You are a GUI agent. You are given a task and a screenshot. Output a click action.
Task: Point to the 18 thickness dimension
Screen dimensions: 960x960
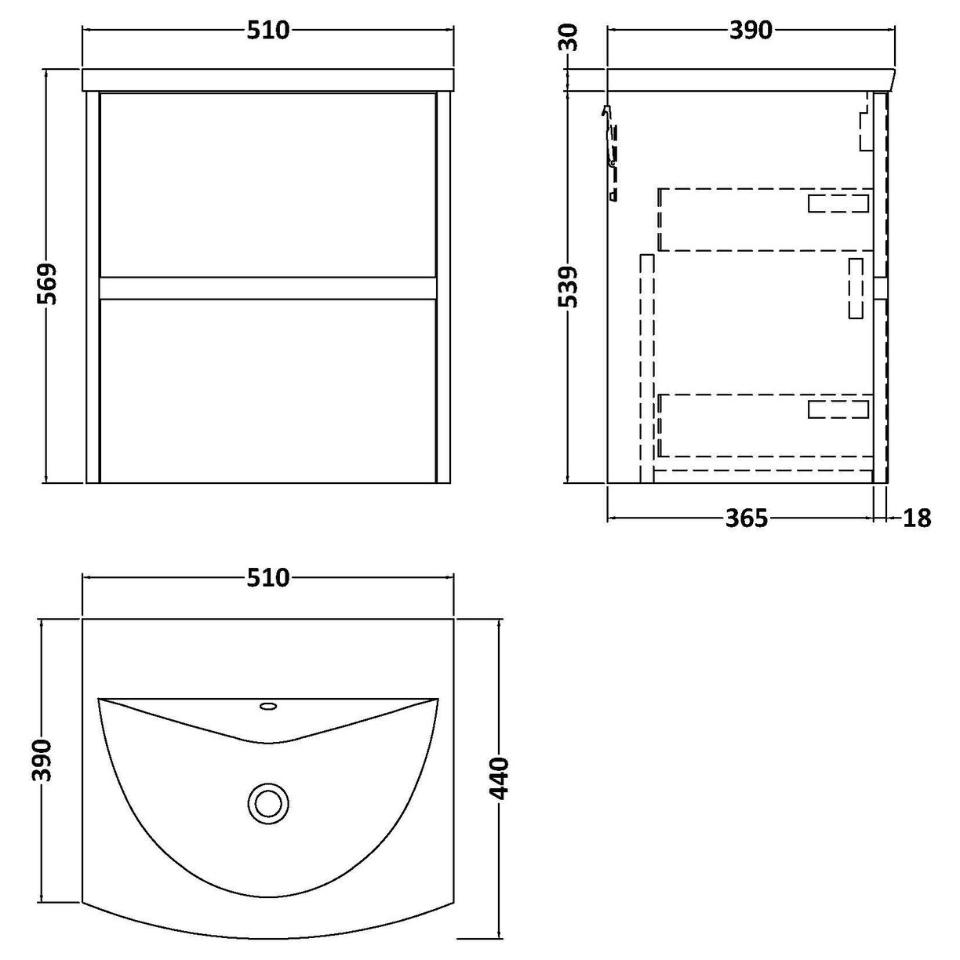[x=917, y=518]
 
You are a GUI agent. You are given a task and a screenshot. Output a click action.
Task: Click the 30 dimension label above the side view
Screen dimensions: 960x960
[x=570, y=36]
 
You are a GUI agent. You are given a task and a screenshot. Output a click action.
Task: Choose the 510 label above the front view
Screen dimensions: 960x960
[x=269, y=31]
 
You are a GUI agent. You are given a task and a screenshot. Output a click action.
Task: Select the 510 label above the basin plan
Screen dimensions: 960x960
[x=269, y=578]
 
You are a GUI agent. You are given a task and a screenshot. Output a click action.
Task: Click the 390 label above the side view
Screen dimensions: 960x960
[x=751, y=31]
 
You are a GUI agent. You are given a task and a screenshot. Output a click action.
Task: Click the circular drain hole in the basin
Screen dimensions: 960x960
[x=269, y=803]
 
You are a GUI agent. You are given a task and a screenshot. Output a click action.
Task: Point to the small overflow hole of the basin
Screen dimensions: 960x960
[x=268, y=706]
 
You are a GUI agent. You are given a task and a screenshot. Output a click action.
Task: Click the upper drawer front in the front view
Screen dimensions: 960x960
[x=268, y=184]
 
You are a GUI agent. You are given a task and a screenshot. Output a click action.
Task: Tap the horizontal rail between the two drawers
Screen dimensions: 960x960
[x=268, y=287]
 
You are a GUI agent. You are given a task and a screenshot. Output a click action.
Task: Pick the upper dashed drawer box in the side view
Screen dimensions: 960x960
[x=765, y=220]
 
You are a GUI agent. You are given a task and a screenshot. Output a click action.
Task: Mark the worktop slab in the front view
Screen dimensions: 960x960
[x=268, y=80]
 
